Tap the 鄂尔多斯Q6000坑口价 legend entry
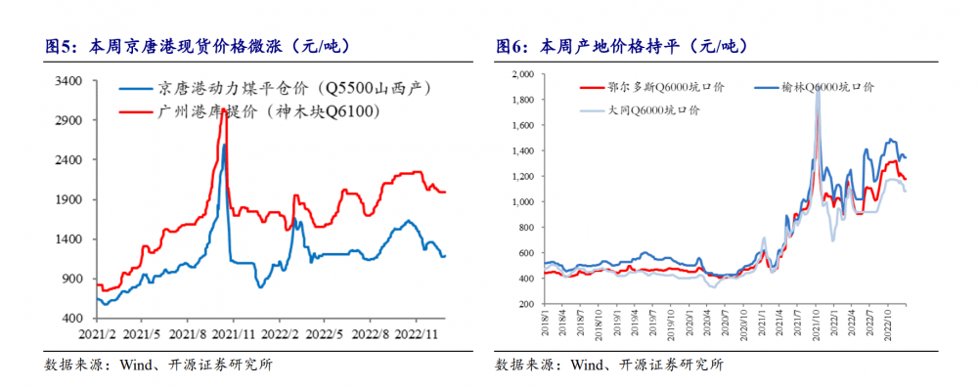click(665, 88)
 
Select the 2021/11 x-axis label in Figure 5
click(235, 334)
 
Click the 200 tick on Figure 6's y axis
click(525, 305)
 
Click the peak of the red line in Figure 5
click(224, 112)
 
